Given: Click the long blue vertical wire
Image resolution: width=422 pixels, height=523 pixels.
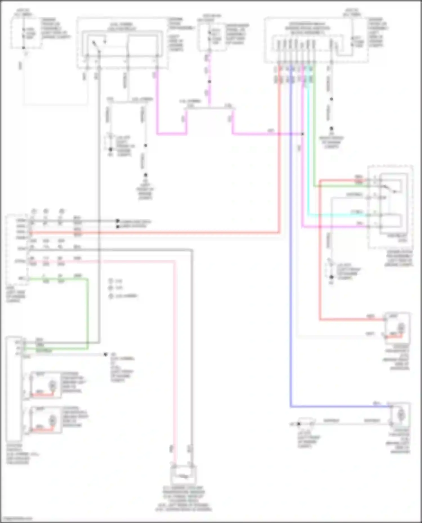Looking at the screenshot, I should point(291,253).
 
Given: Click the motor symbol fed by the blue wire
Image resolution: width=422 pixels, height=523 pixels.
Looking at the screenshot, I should point(401,415).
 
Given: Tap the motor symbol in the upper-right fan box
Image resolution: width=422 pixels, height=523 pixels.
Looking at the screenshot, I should point(401,327).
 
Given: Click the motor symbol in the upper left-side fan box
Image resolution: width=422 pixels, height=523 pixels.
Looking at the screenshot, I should point(52,385).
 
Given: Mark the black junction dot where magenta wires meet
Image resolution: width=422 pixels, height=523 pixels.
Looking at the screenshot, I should point(303,134).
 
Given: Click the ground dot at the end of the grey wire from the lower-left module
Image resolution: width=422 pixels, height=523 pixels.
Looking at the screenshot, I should point(105,354).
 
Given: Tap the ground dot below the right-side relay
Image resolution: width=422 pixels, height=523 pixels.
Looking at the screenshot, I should point(331,277).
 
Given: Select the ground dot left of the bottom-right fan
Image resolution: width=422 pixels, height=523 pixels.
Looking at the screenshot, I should point(299,424).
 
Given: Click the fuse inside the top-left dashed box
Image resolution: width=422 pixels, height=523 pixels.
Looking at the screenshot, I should point(24,33).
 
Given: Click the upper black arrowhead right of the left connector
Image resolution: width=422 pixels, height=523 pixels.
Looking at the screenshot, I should point(118,221).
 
